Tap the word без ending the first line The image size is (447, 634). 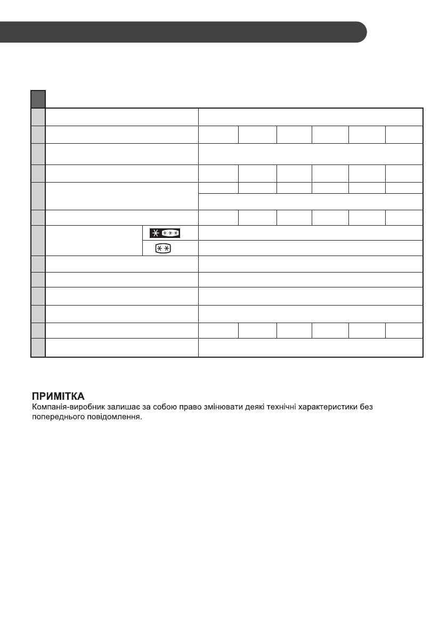368,408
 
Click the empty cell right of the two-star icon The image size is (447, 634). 311,248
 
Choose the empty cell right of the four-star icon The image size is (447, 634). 311,233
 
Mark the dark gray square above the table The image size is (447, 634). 37,98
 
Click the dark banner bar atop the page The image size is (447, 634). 181,32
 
